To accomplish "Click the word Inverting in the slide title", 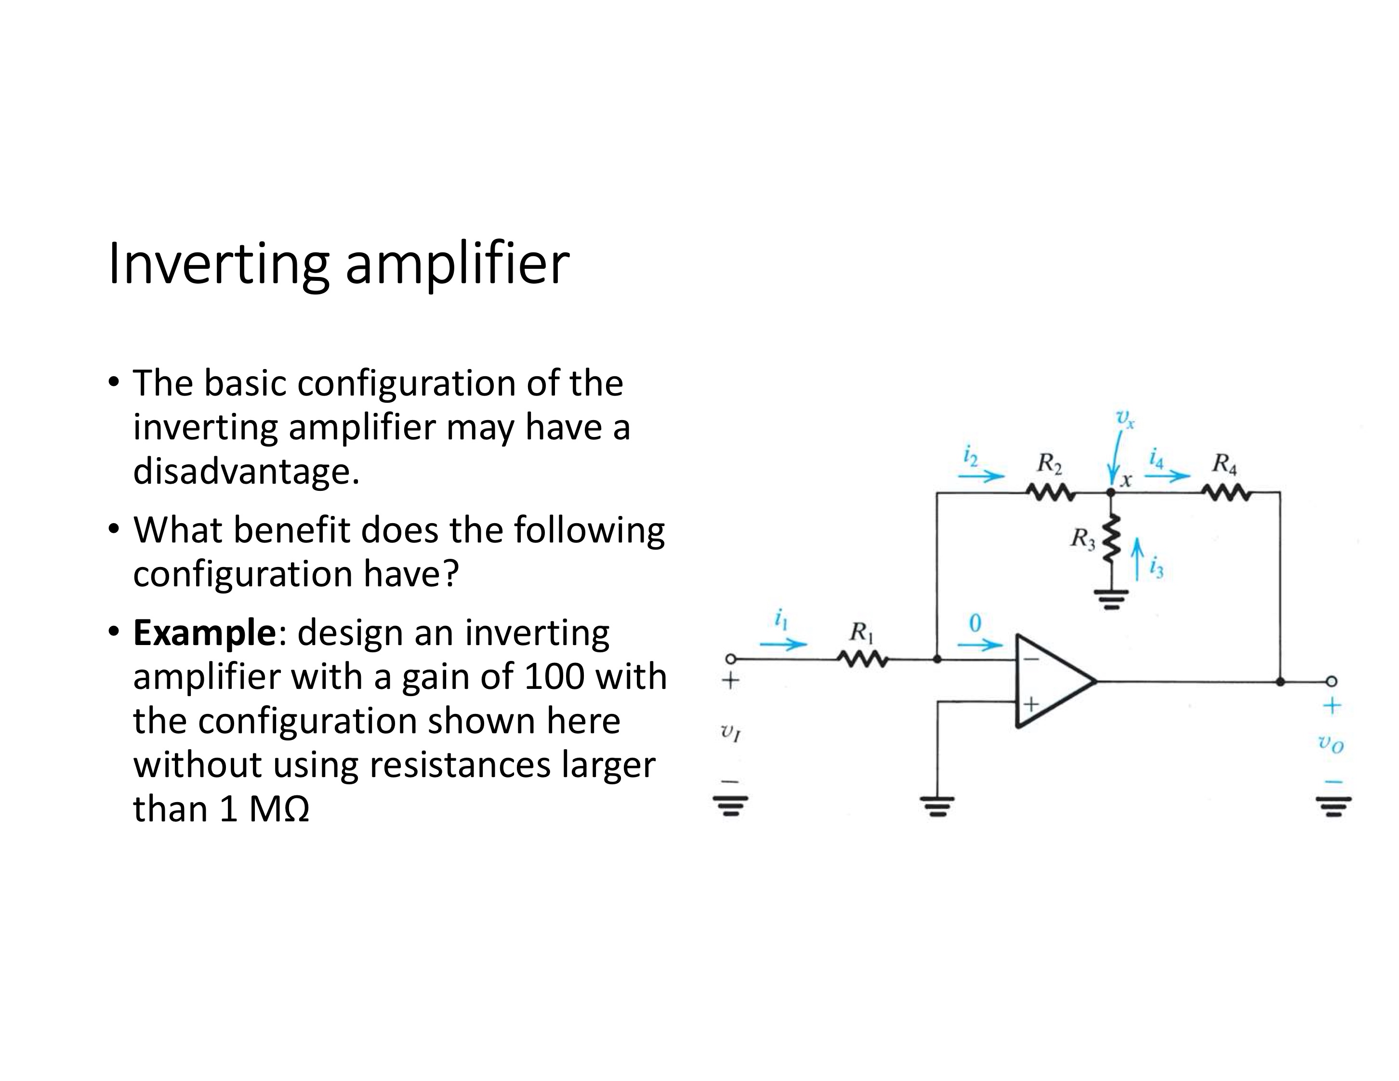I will coord(218,264).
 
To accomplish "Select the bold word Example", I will coord(204,633).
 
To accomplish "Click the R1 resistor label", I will coord(861,633).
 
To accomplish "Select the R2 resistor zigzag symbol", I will coord(1050,493).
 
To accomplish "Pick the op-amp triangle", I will coord(1051,681).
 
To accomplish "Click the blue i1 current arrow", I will coord(783,644).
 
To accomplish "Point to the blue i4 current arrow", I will coord(1167,476).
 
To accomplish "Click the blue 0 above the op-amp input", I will coord(975,623).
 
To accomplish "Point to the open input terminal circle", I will coord(729,659).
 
